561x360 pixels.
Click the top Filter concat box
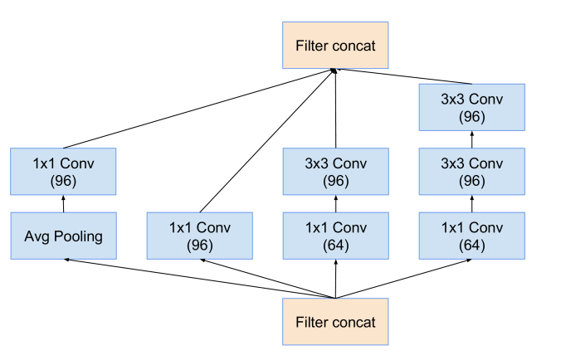[335, 46]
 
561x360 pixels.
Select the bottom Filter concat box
[335, 322]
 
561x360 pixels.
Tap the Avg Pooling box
[63, 236]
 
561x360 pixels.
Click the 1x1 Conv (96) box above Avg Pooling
[63, 172]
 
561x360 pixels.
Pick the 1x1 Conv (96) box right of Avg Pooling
[199, 236]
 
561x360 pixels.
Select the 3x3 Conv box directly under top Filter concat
[335, 172]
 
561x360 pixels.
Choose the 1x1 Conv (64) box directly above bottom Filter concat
[335, 236]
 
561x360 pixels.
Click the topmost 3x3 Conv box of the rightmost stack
[471, 107]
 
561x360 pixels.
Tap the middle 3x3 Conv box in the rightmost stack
[471, 172]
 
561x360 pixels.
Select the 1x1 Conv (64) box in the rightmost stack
[471, 236]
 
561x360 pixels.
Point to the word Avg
[37, 236]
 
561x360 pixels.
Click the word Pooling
[78, 236]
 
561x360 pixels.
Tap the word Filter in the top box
[312, 46]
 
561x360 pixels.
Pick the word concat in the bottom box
[354, 323]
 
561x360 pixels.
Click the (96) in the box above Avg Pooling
[63, 181]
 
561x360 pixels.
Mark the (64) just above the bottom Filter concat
[335, 246]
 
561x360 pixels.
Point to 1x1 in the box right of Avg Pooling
[183, 227]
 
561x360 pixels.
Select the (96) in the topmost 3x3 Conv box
[471, 117]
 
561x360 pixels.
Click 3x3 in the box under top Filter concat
[319, 163]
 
